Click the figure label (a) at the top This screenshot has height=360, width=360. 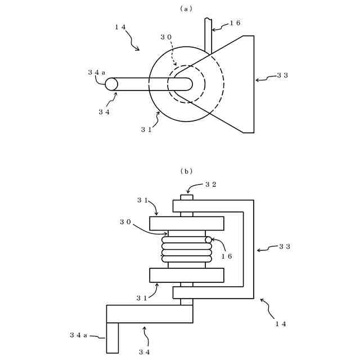[x=186, y=8]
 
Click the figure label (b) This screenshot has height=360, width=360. [x=186, y=171]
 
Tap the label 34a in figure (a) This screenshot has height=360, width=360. [x=96, y=73]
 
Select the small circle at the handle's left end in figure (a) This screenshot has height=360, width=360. [x=111, y=84]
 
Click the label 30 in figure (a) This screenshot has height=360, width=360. [x=166, y=37]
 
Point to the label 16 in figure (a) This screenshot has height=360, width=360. [x=235, y=24]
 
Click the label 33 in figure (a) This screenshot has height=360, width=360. [x=282, y=75]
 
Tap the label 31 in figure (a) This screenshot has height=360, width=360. [x=146, y=129]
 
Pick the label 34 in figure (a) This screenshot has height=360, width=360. [x=104, y=112]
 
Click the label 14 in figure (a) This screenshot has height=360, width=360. [x=120, y=27]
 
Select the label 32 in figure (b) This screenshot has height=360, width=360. [x=210, y=184]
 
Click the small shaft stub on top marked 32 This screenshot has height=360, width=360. [x=187, y=197]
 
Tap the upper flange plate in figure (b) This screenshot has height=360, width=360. [x=187, y=223]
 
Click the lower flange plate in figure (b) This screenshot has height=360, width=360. [x=187, y=275]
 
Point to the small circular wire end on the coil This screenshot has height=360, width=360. [x=208, y=240]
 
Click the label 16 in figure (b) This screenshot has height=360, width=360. [x=226, y=256]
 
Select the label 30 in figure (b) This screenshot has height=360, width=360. [x=125, y=222]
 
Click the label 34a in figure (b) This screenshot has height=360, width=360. [x=78, y=335]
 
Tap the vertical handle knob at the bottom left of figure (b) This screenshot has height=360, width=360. [x=112, y=337]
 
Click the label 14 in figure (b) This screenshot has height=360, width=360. [x=280, y=323]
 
